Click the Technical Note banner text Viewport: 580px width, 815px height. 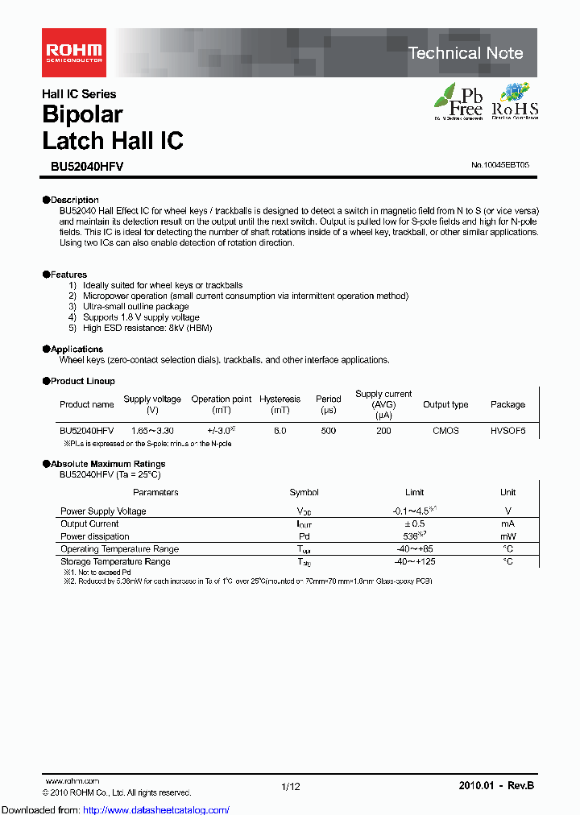(466, 53)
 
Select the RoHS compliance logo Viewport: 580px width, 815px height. (515, 101)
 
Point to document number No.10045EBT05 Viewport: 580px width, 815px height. (500, 165)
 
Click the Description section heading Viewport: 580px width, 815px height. (72, 200)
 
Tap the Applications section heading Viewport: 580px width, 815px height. (76, 349)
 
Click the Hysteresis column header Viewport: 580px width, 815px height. (280, 399)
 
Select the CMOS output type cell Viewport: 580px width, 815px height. (445, 431)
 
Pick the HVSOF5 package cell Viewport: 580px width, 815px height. (507, 431)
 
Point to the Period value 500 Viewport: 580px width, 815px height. (328, 431)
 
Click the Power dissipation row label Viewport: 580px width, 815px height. (95, 536)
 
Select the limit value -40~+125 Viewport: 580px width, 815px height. (415, 561)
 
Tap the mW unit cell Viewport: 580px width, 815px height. (507, 536)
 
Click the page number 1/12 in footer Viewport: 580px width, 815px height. (290, 786)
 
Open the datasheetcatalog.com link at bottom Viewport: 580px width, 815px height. (115, 809)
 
